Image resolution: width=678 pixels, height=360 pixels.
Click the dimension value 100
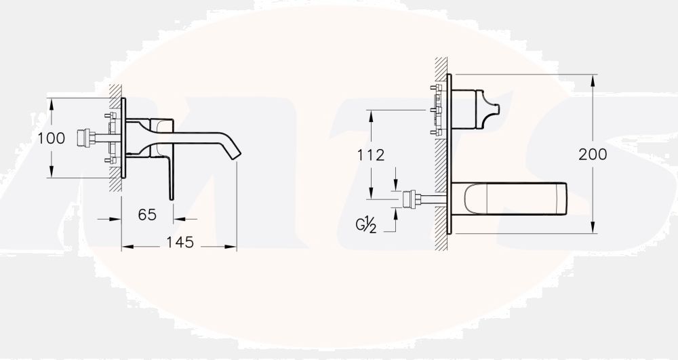(x=51, y=138)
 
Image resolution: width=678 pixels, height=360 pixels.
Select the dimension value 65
(x=147, y=214)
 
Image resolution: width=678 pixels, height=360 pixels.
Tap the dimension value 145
(x=180, y=243)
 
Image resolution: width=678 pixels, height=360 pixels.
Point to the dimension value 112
(x=371, y=155)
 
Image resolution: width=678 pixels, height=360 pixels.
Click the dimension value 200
(x=593, y=155)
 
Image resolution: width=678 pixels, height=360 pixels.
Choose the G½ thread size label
(x=366, y=224)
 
